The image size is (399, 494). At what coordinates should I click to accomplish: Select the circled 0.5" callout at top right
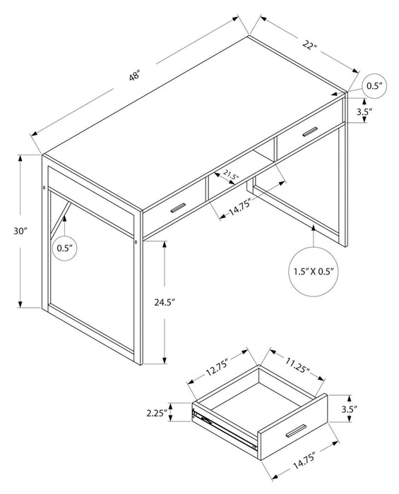374,86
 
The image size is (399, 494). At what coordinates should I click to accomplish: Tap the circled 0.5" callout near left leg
65,248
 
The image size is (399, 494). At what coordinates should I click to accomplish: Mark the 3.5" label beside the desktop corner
364,112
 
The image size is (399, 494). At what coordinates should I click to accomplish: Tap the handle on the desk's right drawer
310,131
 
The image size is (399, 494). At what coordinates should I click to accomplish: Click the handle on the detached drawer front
294,431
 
